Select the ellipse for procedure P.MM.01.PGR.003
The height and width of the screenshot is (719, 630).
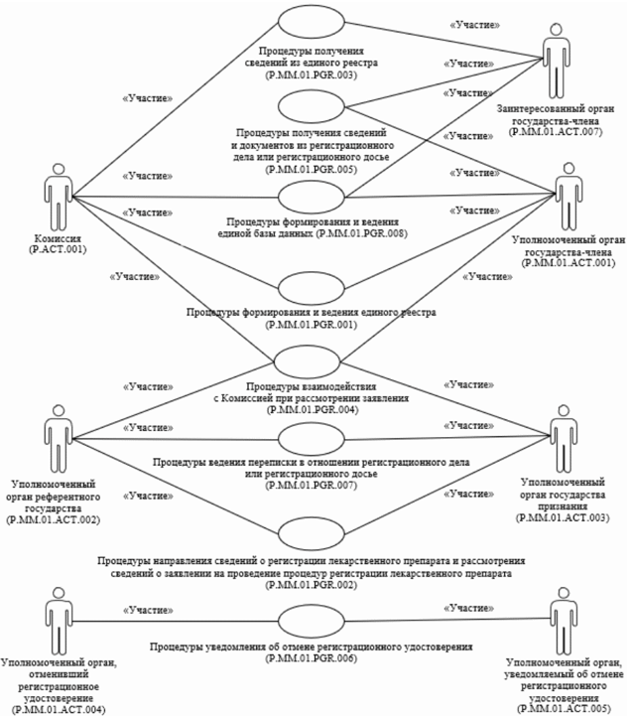[x=312, y=24]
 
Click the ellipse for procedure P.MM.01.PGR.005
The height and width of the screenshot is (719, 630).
[x=312, y=106]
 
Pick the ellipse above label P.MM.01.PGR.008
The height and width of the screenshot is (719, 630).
[x=312, y=196]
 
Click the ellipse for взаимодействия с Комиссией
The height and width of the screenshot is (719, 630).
[x=312, y=361]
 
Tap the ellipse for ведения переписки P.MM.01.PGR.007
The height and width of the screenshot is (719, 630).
[x=312, y=439]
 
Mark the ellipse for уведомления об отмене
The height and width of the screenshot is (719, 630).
[x=312, y=621]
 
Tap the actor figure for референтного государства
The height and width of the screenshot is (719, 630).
[x=61, y=437]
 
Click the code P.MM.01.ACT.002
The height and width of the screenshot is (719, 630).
[x=61, y=517]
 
